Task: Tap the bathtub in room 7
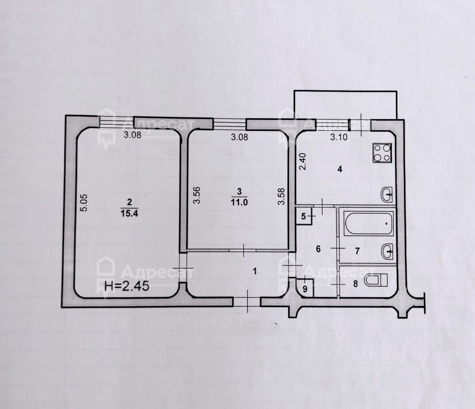(369, 223)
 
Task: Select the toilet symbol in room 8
(376, 281)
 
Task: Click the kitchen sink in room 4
(387, 195)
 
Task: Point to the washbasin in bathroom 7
(387, 251)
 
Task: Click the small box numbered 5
(304, 216)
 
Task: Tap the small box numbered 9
(305, 288)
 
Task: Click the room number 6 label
(318, 249)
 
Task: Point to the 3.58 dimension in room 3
(282, 196)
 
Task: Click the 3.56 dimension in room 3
(196, 196)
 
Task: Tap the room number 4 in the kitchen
(339, 170)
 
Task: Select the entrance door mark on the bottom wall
(247, 301)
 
